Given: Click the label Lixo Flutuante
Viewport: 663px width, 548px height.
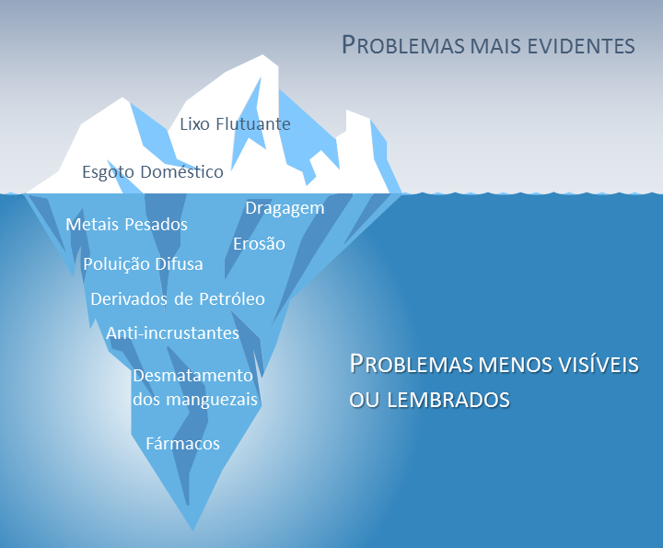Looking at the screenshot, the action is click(235, 124).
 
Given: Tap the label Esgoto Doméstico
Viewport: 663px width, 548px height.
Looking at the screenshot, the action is click(153, 172).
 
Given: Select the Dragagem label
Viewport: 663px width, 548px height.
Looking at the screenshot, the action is click(285, 208).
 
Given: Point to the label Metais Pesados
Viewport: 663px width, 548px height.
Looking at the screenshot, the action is click(126, 224).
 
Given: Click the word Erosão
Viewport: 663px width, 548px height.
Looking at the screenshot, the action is click(259, 243).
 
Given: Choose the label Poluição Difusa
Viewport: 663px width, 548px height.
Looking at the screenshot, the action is click(143, 264).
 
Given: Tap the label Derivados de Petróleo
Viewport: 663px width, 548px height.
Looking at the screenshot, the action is click(178, 299).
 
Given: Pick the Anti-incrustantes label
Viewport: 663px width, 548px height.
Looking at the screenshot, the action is click(172, 332).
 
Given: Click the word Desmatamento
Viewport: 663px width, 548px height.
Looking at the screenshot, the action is click(192, 376).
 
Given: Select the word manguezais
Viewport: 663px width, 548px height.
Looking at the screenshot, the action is click(212, 400).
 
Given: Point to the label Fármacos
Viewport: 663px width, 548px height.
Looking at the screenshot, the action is click(182, 444).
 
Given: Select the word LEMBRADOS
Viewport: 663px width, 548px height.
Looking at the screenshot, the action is click(448, 400).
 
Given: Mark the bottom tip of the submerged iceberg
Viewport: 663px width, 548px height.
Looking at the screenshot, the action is click(192, 531).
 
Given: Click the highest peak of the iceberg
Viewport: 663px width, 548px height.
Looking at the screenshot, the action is click(263, 55).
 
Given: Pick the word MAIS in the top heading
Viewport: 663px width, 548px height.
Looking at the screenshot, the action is click(495, 46).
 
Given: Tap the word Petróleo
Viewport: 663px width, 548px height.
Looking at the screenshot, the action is click(232, 299).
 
